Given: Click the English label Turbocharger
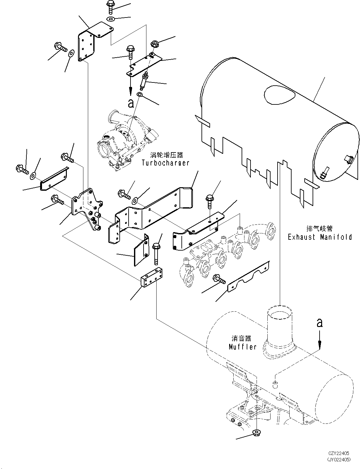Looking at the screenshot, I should point(165,163).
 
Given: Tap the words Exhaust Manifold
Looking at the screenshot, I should point(320,237).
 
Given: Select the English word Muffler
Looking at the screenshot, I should point(243,347).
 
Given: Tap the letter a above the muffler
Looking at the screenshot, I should point(320,323).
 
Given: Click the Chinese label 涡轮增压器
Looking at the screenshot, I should point(166,155).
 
